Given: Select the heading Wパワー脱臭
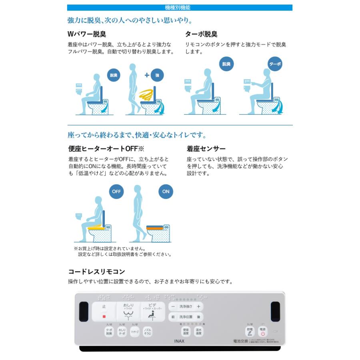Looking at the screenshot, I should (87, 34).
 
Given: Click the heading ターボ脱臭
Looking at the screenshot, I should (201, 34).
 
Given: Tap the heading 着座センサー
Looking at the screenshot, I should (206, 149).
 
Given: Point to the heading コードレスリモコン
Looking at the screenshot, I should (96, 272).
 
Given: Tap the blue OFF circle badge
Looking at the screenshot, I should (116, 191).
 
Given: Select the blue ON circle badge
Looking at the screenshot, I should (166, 191).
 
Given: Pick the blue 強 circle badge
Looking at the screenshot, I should (157, 75).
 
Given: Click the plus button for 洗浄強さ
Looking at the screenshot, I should (198, 306).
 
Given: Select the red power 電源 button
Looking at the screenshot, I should (263, 331).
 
